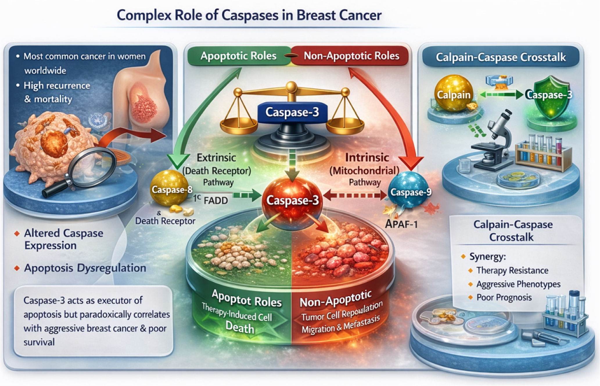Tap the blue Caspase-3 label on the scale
292,112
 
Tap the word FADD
216,201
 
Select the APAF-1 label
401,224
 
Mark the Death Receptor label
165,221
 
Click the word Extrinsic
216,158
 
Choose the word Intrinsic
367,158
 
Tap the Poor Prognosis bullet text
504,297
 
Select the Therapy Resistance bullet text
512,270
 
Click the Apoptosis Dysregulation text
85,268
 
